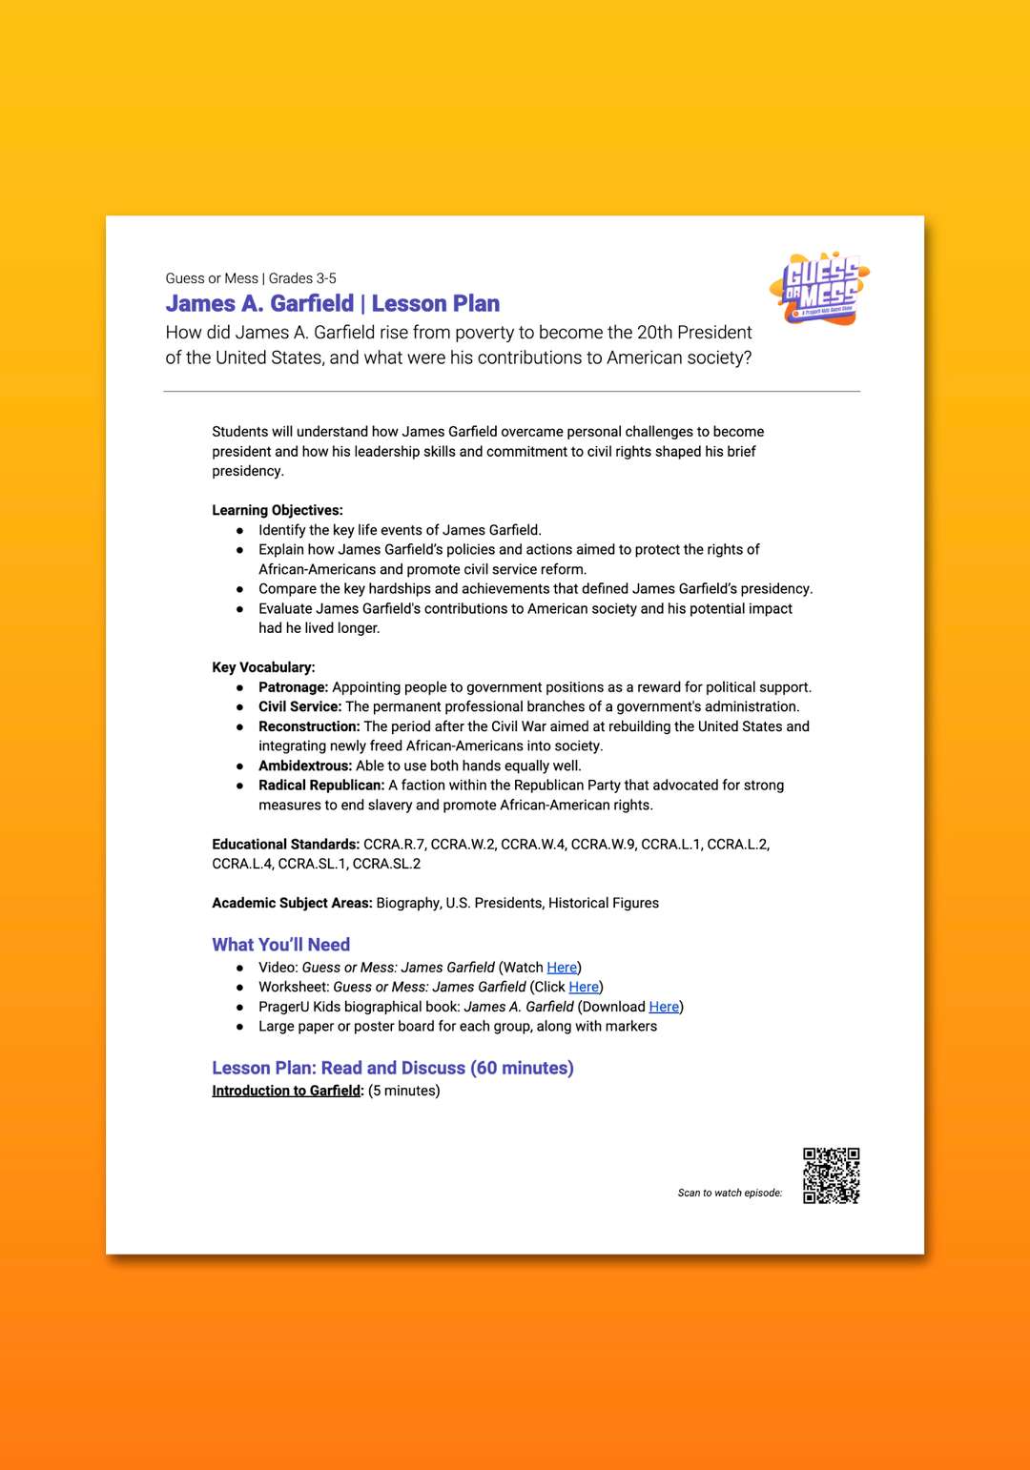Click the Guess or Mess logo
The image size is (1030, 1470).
820,289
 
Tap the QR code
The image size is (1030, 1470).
831,1175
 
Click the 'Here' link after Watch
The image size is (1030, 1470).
562,968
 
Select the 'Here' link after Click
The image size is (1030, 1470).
584,987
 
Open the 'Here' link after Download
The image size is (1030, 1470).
664,1007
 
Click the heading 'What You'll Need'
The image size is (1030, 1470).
280,945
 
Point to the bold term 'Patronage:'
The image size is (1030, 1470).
293,687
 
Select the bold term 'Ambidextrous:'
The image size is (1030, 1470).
305,766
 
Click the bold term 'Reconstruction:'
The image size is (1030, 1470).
309,726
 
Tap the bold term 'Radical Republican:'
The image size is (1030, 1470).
321,786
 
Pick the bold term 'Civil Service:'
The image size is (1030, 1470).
299,706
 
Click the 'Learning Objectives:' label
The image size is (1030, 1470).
278,510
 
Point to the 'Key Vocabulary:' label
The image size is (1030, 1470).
263,667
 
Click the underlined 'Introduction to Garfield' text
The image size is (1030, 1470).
286,1091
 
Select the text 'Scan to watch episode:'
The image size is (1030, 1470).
730,1193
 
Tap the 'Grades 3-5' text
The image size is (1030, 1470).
302,278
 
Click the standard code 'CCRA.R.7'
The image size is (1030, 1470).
394,845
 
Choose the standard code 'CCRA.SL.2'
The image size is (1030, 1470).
386,864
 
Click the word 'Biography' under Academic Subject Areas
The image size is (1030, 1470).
408,903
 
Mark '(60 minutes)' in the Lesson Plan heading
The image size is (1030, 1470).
522,1068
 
